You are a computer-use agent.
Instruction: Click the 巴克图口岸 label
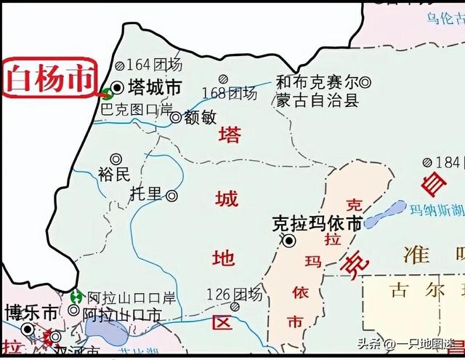pos(136,109)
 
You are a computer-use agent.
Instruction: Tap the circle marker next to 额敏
pos(175,116)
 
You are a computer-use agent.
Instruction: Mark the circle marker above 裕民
pos(115,159)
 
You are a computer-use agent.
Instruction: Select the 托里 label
pos(146,194)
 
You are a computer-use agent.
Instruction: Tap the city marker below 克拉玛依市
pos(290,241)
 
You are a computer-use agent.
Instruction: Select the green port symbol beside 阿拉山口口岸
pos(76,297)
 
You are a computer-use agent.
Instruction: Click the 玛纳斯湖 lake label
pos(436,211)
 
